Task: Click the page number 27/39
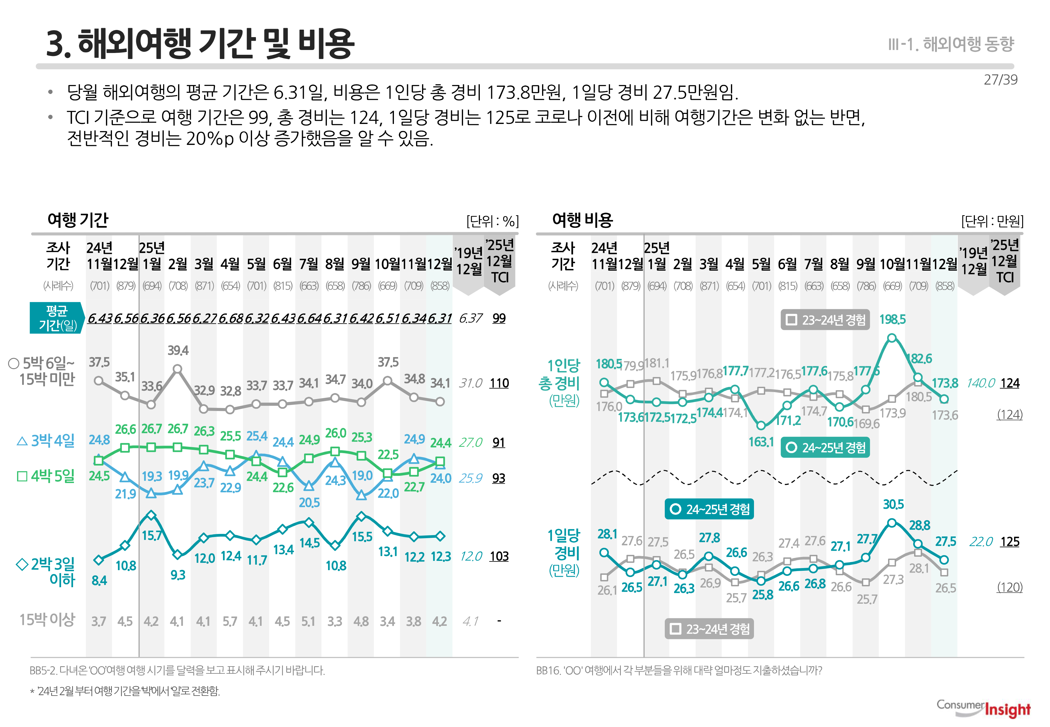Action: click(1000, 80)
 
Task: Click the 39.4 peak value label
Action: click(178, 350)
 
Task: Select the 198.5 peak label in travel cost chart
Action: click(892, 319)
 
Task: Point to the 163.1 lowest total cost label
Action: click(761, 442)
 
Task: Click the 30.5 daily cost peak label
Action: click(893, 504)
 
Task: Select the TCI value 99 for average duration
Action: click(499, 318)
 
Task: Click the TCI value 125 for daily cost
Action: click(1010, 542)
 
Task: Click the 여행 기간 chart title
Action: click(78, 220)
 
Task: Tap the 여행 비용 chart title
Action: click(582, 220)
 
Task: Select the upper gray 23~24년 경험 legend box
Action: click(825, 320)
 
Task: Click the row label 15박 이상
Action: click(47, 620)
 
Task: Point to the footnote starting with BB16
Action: click(679, 670)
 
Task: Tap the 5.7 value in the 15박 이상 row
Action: click(230, 621)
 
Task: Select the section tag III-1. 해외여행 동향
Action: click(951, 44)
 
